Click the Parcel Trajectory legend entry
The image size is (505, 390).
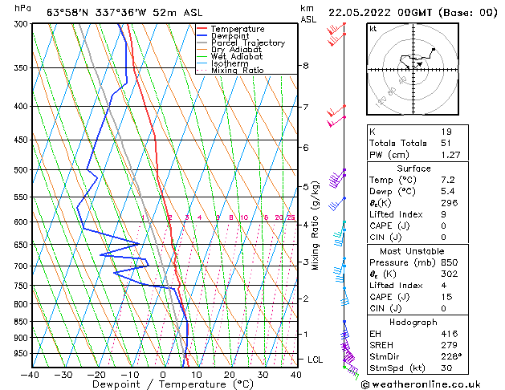pos(247,43)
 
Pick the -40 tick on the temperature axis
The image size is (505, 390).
pos(31,374)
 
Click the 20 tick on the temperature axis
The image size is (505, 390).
pos(229,374)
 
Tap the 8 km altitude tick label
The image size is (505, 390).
pos(305,65)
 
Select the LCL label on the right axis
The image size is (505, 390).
pos(315,360)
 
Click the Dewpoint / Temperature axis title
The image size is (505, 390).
pos(163,384)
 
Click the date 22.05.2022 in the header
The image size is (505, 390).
pos(356,11)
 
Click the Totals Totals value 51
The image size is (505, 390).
pos(446,143)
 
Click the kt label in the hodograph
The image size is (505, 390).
pos(373,28)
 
